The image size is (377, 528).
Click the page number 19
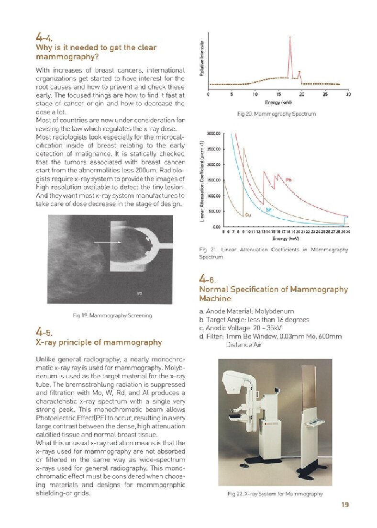[345, 504]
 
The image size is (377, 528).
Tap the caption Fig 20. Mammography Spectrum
[276, 114]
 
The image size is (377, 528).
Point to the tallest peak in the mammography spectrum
[290, 38]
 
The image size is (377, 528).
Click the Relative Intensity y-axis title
[202, 57]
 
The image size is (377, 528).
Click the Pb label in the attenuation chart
[288, 180]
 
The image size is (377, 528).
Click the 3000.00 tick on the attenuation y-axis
[213, 133]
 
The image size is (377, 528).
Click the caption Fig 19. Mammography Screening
[112, 315]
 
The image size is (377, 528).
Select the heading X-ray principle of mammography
[99, 342]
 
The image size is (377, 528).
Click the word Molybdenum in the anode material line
[274, 311]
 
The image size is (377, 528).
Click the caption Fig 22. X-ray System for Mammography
[275, 494]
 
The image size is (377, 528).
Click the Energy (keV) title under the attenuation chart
[286, 238]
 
